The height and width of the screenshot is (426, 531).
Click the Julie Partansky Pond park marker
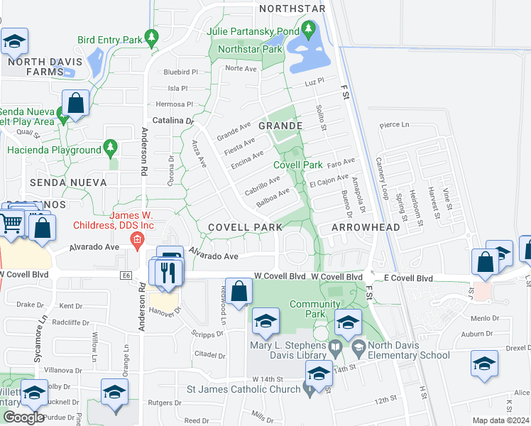pos(307,30)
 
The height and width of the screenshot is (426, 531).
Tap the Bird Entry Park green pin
pos(150,36)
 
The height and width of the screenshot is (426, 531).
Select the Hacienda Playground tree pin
pos(109,147)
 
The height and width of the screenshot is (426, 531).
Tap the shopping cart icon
pos(11,223)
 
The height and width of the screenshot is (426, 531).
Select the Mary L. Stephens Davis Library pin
pos(337,349)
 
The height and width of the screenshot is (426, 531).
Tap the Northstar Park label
pos(251,50)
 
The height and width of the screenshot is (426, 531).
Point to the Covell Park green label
pos(298,165)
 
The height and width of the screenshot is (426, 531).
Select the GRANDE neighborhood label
pos(280,126)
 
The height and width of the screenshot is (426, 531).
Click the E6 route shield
pos(126,275)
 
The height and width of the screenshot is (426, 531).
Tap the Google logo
pos(23,417)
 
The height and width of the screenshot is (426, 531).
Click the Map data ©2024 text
pos(500,420)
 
